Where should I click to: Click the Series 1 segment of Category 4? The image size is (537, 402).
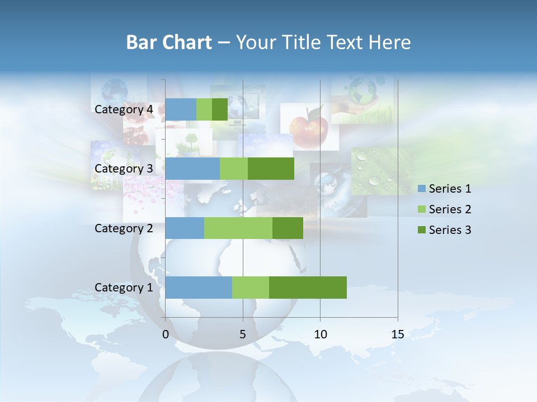click(x=181, y=109)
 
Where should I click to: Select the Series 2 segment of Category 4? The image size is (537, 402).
click(x=204, y=109)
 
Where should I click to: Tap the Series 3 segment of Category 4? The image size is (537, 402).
click(x=220, y=109)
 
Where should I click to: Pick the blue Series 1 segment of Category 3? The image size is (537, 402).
click(x=192, y=169)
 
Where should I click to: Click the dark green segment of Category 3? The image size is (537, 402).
click(x=271, y=169)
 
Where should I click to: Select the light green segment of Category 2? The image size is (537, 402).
click(x=238, y=228)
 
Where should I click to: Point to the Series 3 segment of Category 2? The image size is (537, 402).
click(x=288, y=228)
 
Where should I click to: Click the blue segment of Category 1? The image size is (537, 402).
click(x=199, y=288)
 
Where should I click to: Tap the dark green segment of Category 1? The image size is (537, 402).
click(x=308, y=288)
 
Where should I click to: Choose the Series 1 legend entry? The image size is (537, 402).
click(x=444, y=189)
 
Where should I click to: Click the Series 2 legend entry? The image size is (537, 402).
click(x=444, y=209)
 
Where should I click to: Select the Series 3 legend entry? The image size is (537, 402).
click(x=444, y=230)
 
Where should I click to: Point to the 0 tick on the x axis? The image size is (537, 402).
click(x=166, y=334)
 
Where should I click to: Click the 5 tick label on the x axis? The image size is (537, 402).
click(x=243, y=334)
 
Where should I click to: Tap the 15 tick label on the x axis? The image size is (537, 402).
click(x=398, y=334)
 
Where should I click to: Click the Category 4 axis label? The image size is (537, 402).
click(x=124, y=109)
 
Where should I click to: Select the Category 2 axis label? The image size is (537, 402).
click(x=124, y=228)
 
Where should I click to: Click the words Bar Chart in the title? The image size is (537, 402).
click(x=169, y=42)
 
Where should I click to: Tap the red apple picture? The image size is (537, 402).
click(x=309, y=126)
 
